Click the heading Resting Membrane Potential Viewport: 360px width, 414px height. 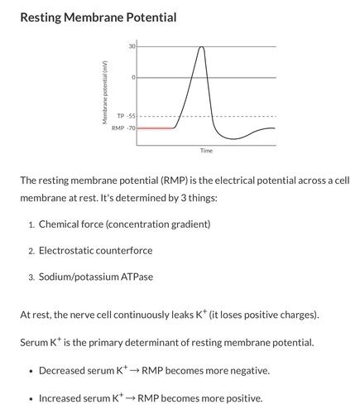[98, 17]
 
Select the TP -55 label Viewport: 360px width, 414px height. [126, 117]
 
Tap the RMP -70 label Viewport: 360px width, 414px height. [124, 128]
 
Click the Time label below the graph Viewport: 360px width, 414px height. [206, 151]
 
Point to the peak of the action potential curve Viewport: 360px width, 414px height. [201, 47]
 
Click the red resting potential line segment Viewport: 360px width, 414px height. [155, 128]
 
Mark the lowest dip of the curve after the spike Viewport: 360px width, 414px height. [237, 138]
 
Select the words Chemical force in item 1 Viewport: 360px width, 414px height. [70, 224]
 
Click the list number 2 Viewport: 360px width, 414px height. [31, 251]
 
